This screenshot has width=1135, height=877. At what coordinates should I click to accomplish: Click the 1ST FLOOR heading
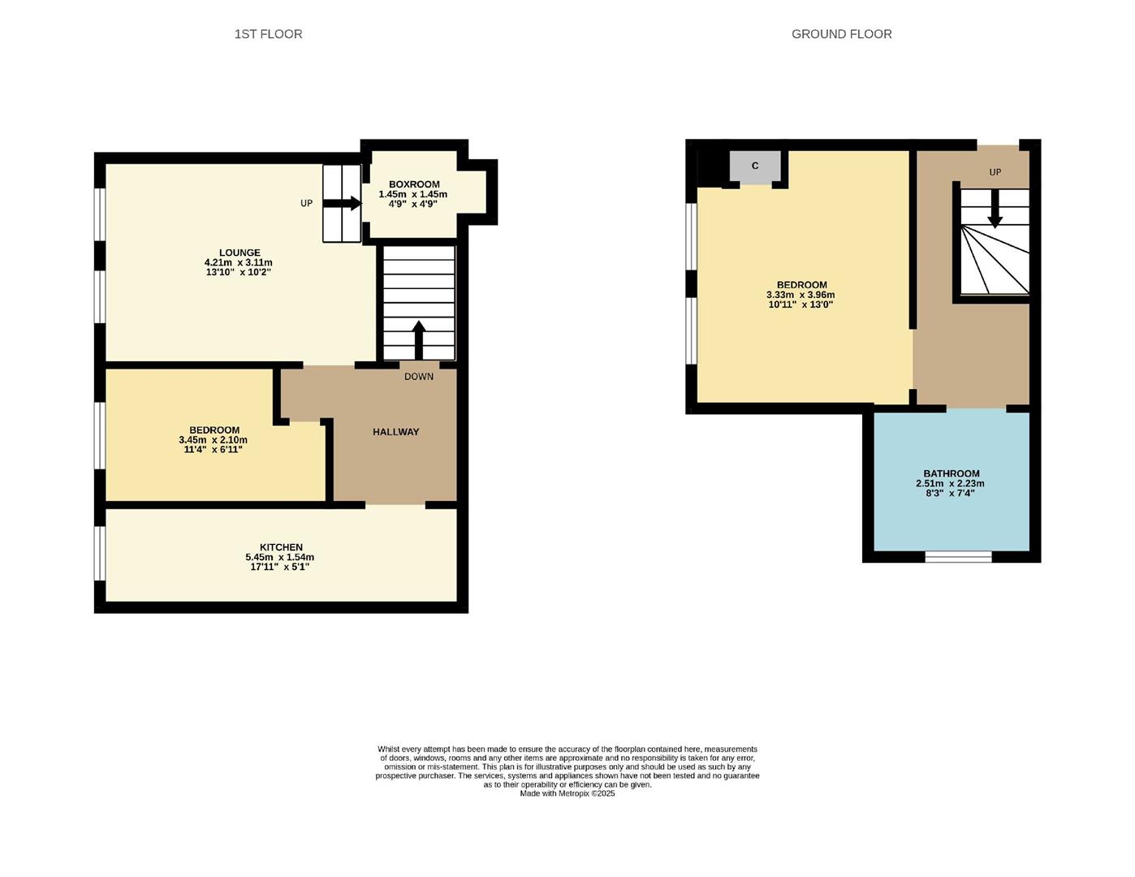coord(268,34)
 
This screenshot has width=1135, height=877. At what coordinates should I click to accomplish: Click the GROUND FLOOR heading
coord(841,34)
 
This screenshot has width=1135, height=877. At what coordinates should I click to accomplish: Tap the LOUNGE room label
coord(239,253)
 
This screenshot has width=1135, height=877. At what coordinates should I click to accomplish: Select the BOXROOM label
coord(414,184)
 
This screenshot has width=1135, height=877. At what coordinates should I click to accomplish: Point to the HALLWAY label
coord(395,432)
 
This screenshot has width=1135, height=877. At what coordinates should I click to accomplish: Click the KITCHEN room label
coord(281,547)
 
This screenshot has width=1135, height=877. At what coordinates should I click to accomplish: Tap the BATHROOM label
coord(951,473)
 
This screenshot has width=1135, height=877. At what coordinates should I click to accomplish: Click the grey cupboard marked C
coord(755,166)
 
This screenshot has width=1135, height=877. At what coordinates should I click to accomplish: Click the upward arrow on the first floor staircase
coord(419,339)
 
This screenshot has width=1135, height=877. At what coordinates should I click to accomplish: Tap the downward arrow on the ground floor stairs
coord(995,213)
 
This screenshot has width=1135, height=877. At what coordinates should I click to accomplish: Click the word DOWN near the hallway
coord(419,377)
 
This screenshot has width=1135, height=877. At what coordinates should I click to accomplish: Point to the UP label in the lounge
coord(306,204)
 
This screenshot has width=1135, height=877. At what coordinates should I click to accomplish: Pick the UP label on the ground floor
coord(995,172)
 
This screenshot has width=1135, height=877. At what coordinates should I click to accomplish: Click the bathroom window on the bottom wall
coord(958,556)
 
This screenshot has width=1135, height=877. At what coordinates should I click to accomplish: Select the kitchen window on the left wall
coord(100,553)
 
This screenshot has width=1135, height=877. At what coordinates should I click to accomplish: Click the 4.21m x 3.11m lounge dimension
coord(238,263)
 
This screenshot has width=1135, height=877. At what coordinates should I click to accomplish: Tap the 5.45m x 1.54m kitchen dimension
coord(279,557)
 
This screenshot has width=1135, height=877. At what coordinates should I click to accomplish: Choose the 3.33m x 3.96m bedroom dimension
coord(800,295)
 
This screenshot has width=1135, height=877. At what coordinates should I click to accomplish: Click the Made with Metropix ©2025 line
coord(567,793)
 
